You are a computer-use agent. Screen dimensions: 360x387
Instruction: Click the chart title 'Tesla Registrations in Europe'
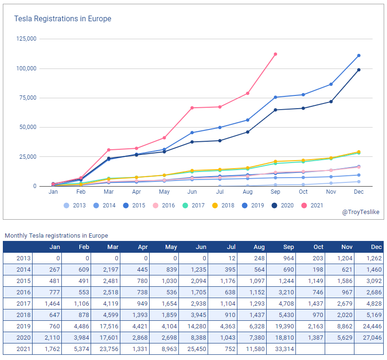pyautogui.click(x=63, y=19)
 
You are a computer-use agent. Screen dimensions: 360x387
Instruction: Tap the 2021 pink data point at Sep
pyautogui.click(x=276, y=54)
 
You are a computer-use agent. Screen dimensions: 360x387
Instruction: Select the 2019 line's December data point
pyautogui.click(x=359, y=56)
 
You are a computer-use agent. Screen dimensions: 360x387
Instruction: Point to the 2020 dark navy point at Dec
pyautogui.click(x=359, y=70)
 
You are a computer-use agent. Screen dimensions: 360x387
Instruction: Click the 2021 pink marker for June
pyautogui.click(x=192, y=108)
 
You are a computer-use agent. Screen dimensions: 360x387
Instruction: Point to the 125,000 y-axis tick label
pyautogui.click(x=26, y=39)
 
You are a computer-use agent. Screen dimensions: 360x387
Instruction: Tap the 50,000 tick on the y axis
pyautogui.click(x=27, y=127)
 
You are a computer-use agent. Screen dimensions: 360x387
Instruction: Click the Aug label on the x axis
pyautogui.click(x=248, y=192)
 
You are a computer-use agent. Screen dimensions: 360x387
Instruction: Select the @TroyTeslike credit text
pyautogui.click(x=361, y=212)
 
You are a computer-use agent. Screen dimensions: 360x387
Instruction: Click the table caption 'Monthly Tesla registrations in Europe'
pyautogui.click(x=56, y=235)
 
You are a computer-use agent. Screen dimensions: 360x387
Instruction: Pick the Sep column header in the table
pyautogui.click(x=288, y=247)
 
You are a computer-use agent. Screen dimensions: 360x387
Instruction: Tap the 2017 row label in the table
pyautogui.click(x=24, y=304)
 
